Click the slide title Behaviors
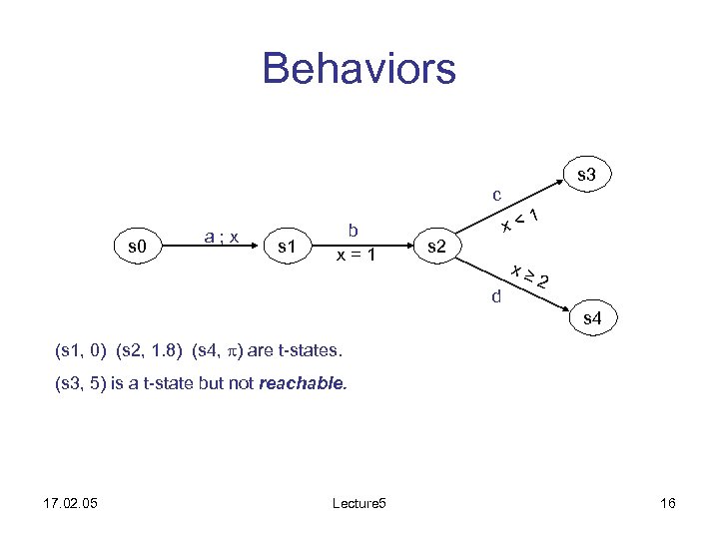coord(359,69)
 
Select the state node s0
coord(132,245)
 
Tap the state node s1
coord(288,245)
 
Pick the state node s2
coord(436,245)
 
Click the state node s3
coord(587,176)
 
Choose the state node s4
coord(592,320)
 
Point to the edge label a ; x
coord(220,237)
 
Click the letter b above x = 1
coord(354,231)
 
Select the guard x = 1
coord(356,255)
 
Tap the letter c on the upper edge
coord(496,194)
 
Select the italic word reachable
coord(302,382)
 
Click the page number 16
coord(668,503)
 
